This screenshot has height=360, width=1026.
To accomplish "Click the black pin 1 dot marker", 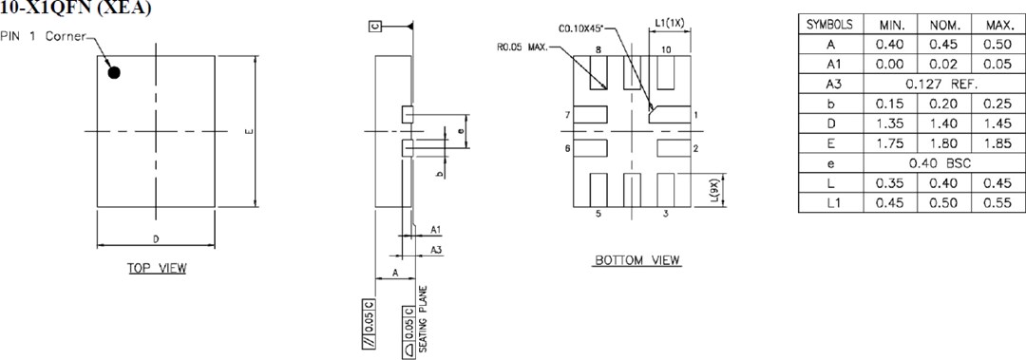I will [114, 72].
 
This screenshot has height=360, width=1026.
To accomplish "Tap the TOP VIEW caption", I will [157, 268].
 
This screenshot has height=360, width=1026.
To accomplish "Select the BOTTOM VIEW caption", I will [637, 260].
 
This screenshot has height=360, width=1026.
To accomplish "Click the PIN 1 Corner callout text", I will [44, 37].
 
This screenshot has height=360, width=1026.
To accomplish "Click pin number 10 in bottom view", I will [666, 48].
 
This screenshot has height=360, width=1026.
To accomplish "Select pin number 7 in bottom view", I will [566, 115].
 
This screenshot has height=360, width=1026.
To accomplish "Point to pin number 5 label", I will [598, 215].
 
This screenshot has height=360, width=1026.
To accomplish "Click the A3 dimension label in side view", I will [435, 249].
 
